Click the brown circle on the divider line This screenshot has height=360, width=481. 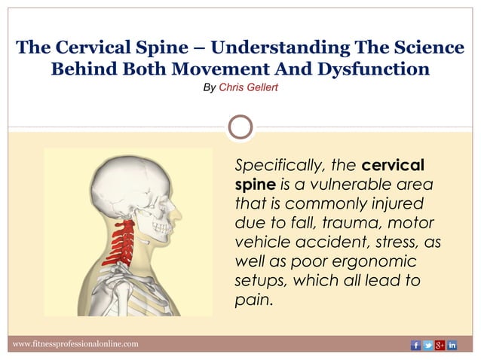point(240,127)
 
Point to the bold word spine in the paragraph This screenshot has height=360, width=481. point(255,184)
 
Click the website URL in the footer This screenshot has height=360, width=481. point(76,344)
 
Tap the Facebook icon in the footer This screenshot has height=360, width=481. point(415,345)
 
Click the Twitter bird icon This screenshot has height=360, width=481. point(427,345)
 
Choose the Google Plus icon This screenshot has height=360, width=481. point(440,345)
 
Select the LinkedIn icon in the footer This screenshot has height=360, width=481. point(452,345)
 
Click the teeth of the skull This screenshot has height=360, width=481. point(161,225)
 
